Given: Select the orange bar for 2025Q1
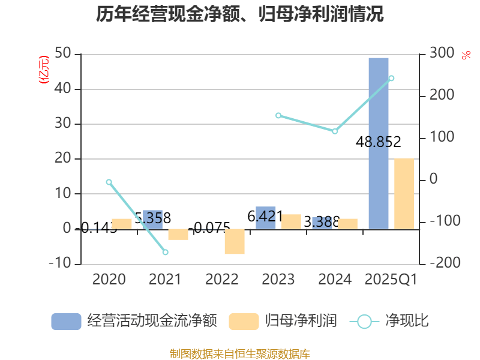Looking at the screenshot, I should click(404, 193).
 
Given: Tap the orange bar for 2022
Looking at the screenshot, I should click(235, 241).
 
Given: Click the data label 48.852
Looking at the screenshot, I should click(378, 142).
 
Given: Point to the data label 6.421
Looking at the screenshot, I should click(265, 216).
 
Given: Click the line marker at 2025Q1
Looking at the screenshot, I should click(391, 78).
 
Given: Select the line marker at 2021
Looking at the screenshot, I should click(165, 252).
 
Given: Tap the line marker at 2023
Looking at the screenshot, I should click(278, 115).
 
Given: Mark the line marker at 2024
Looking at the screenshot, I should click(335, 131).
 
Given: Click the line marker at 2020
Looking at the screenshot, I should click(109, 182).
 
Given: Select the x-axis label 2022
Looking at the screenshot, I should click(222, 280).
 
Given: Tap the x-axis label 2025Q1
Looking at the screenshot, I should click(391, 280).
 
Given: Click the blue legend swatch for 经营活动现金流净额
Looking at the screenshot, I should click(66, 321).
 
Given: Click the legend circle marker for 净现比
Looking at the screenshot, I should click(364, 321).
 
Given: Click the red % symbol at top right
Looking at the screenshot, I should click(466, 56).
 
